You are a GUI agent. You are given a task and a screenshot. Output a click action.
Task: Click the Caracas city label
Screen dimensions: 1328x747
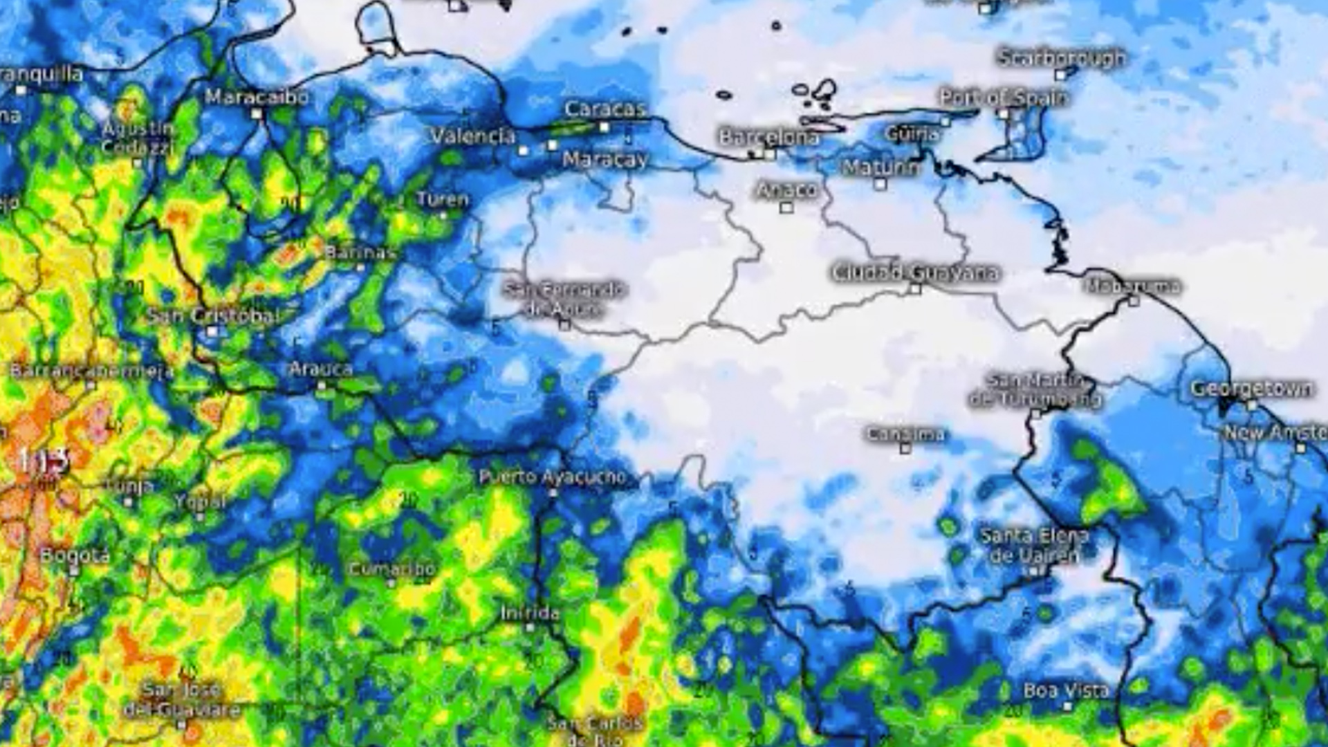point(605,109)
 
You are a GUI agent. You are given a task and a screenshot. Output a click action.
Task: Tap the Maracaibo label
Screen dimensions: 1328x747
point(257,98)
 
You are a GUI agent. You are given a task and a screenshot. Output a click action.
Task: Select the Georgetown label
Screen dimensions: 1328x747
point(1251,389)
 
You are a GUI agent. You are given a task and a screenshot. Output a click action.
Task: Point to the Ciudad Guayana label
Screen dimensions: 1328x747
point(915,273)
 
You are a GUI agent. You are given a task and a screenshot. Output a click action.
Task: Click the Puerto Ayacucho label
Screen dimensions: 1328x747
point(552,477)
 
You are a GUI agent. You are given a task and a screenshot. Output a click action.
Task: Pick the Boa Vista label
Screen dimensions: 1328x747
point(1066,690)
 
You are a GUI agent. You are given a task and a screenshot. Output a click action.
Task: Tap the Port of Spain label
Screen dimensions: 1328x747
point(1003,98)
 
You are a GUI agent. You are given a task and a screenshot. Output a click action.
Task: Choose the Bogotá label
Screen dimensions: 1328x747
point(75,555)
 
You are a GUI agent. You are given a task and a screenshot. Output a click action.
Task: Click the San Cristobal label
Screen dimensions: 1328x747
point(212,316)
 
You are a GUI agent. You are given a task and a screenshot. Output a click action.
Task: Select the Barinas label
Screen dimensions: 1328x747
point(360,252)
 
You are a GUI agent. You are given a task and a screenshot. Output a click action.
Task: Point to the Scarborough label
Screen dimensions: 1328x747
point(1061,58)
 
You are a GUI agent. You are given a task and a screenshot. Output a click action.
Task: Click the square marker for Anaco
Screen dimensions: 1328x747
point(786,207)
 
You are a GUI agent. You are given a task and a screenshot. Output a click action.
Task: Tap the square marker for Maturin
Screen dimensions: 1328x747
point(880,184)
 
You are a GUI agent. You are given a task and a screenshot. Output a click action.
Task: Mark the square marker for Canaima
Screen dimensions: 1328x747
point(905,448)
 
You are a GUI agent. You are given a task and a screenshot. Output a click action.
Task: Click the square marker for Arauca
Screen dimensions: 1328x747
point(321,385)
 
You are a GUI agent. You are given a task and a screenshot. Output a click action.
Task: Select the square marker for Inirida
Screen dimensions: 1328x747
point(530,627)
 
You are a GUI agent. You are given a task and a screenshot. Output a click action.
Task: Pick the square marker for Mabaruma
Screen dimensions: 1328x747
point(1133,300)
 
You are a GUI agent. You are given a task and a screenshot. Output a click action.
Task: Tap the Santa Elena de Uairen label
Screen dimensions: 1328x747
point(1035,545)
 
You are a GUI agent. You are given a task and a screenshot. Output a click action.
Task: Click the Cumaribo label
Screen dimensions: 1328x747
point(391,569)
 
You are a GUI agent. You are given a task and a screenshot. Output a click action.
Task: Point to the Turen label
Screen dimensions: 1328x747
point(443,200)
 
